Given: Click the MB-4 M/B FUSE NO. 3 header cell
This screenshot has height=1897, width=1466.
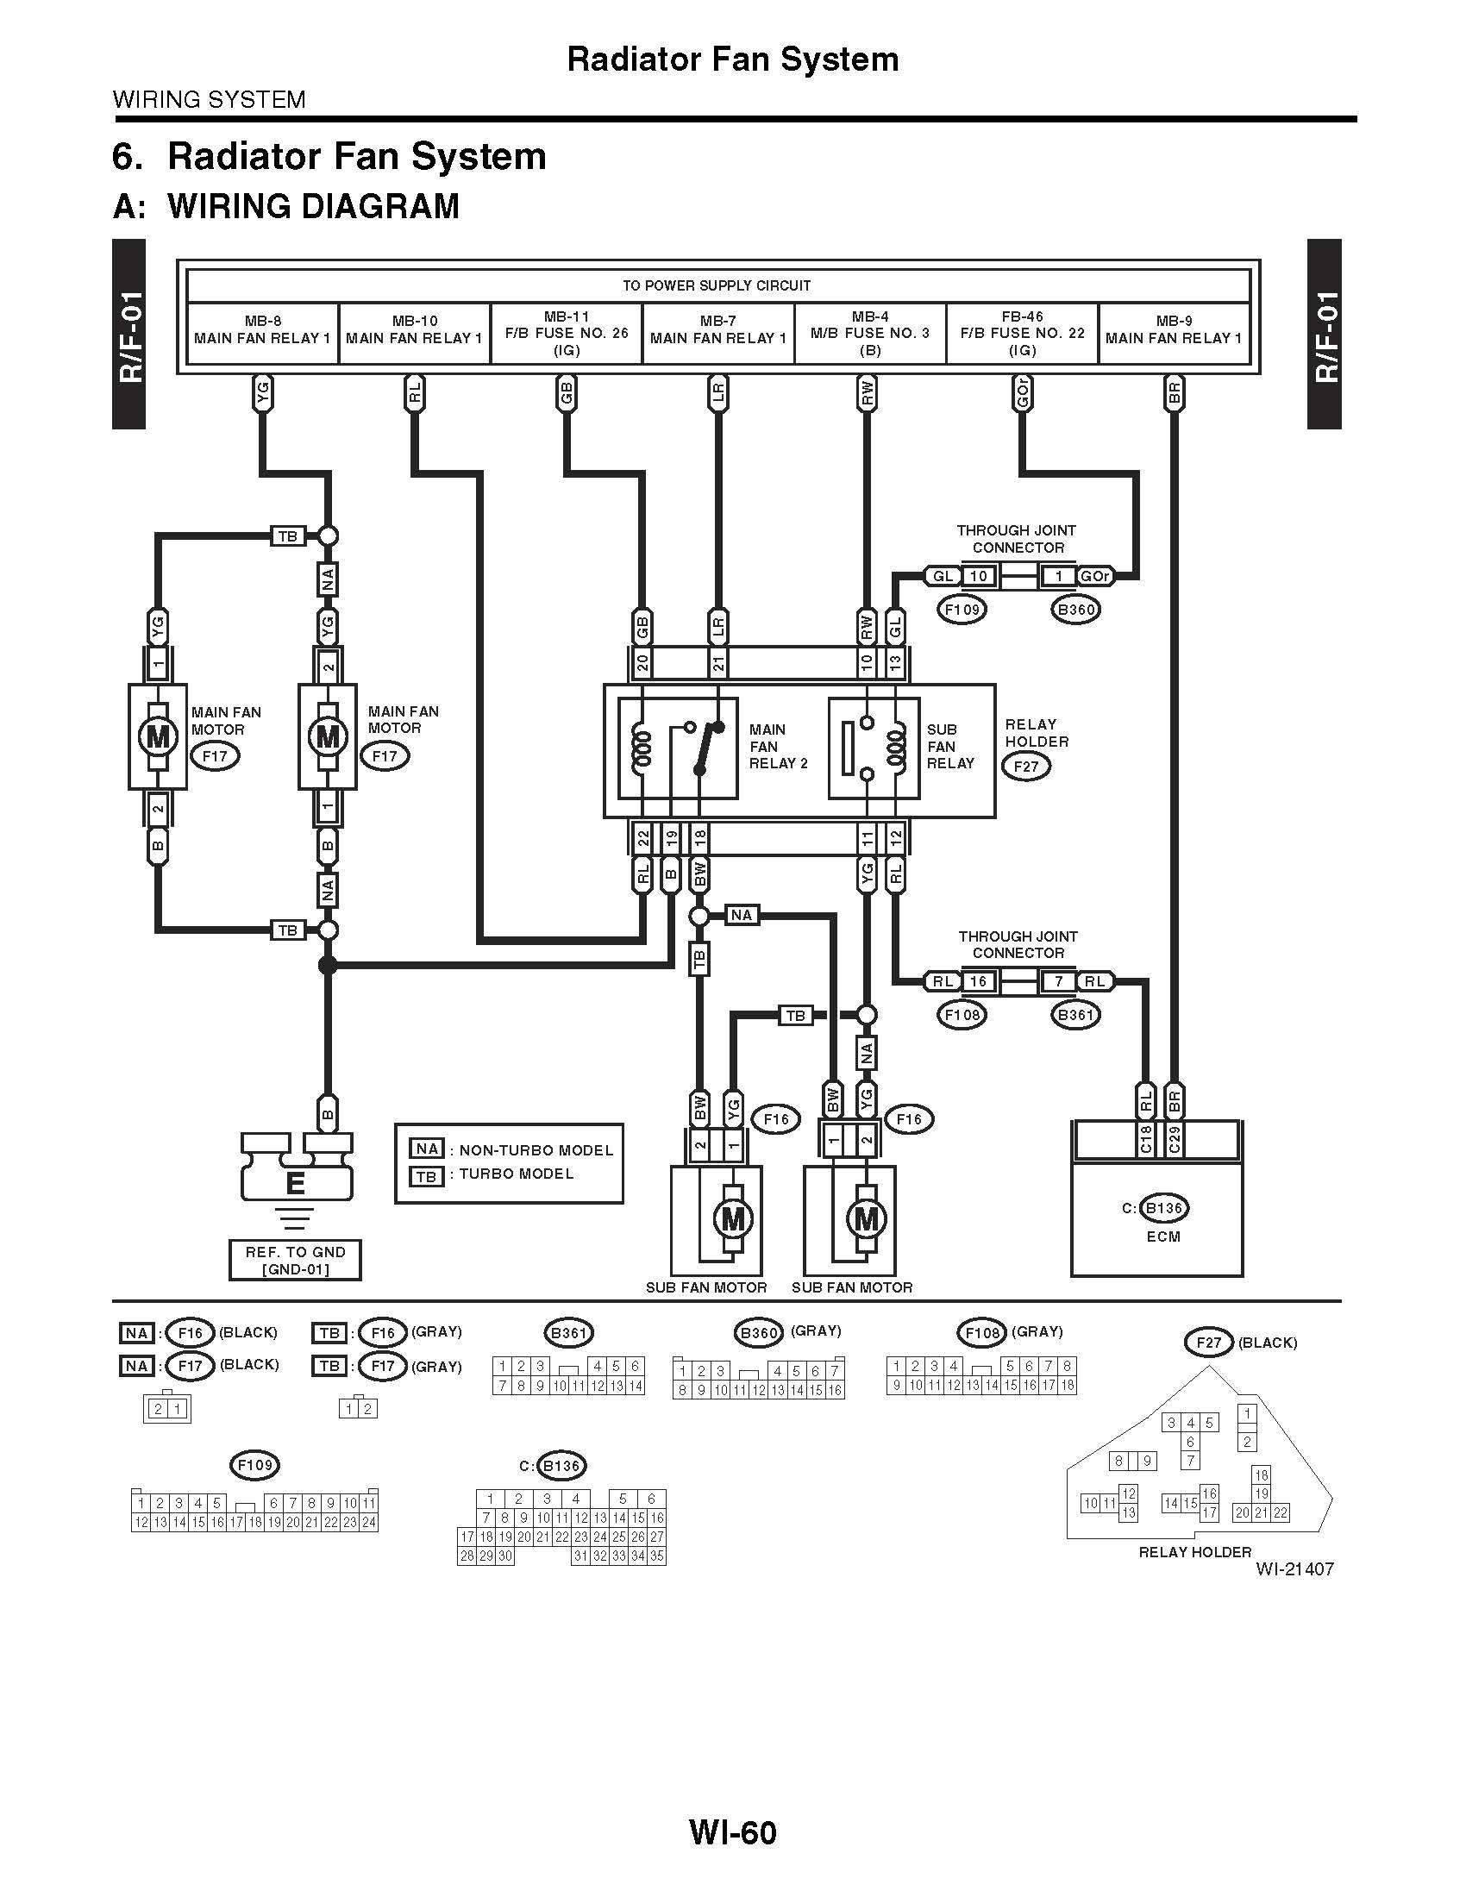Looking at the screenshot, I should (869, 334).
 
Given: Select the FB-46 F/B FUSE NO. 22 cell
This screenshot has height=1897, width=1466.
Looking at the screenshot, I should (1022, 334).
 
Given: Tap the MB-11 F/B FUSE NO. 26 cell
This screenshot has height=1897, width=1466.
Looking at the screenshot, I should (567, 334).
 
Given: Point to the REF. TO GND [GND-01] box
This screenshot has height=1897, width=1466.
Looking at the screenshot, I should (295, 1261).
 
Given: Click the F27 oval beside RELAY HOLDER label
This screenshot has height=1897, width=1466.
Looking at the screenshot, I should (1025, 767).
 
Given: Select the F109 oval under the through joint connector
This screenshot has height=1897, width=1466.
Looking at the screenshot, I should (962, 609).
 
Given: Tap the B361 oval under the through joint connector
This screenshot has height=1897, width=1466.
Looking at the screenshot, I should (1075, 1015).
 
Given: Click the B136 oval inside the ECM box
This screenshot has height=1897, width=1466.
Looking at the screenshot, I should (1165, 1208).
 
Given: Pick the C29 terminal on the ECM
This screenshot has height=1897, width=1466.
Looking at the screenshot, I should (1175, 1140).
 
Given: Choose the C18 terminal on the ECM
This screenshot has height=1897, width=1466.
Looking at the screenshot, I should (1145, 1140).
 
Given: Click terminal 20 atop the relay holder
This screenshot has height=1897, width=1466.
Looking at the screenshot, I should (642, 664).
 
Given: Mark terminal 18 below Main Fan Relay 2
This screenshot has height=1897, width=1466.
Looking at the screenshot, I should (699, 838).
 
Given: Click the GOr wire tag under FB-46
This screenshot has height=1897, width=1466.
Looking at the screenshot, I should (1022, 394).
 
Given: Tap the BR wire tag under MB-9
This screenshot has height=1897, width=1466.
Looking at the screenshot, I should (1175, 394).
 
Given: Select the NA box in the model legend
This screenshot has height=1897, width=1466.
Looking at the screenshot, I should (426, 1149).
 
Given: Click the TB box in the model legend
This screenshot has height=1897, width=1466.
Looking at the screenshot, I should (426, 1176).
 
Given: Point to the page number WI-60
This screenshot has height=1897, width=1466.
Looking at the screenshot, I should (732, 1832).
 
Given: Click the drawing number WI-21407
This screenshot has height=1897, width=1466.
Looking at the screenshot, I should (1294, 1568).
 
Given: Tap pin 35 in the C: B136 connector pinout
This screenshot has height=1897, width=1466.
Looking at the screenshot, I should (656, 1556).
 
